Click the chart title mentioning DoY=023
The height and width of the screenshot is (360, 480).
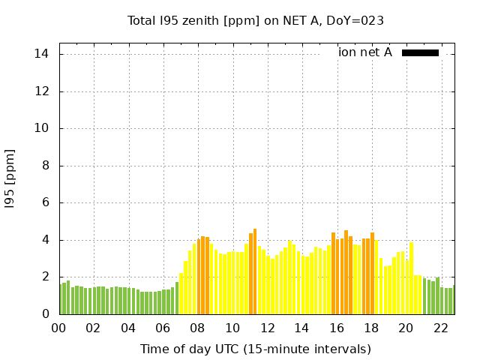point(256,20)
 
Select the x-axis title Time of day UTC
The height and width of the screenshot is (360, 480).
point(255,349)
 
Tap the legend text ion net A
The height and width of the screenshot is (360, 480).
point(365,52)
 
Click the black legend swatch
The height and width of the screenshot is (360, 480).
point(420,52)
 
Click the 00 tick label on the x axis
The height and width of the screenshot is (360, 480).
point(59,328)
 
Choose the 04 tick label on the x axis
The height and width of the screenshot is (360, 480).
point(129,328)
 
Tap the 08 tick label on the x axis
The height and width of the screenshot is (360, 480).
point(198,328)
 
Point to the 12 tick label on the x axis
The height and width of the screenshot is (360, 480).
point(267,328)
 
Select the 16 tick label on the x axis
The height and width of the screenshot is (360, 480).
point(337,328)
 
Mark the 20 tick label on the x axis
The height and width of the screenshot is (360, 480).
point(406,328)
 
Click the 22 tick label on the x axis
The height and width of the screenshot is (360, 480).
point(440,328)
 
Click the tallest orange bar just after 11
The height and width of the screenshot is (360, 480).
point(255,271)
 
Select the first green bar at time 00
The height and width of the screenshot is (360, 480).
point(61,299)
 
